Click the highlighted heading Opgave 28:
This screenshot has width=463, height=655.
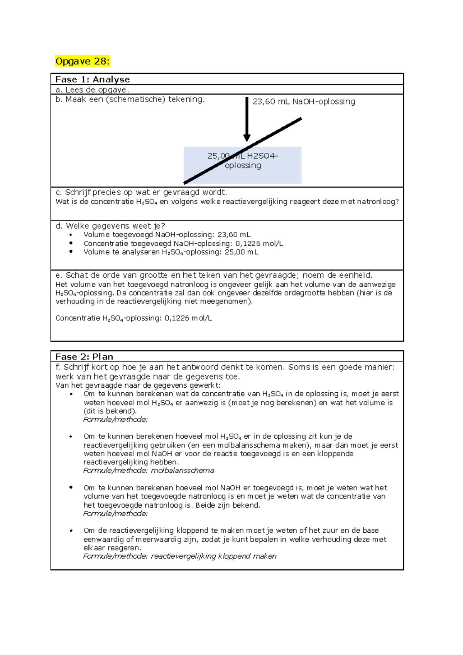(x=83, y=61)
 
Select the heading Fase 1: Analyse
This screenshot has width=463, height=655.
(x=93, y=79)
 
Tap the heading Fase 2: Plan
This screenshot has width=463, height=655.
(x=84, y=357)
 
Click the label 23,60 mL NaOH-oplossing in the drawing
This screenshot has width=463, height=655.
(x=304, y=101)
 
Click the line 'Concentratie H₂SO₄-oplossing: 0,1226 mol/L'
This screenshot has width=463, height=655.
(x=133, y=318)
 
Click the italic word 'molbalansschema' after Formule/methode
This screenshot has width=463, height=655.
(x=182, y=471)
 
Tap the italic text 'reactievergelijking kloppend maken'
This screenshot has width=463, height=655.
(x=214, y=556)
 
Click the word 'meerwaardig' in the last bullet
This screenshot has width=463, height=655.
(x=158, y=539)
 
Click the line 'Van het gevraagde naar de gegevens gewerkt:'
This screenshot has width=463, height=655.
(x=138, y=385)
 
